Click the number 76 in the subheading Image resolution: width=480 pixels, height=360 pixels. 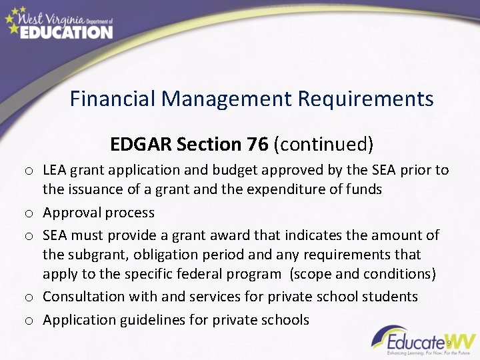tap(257, 144)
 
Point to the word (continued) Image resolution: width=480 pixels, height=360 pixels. tap(323, 144)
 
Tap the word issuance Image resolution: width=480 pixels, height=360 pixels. tap(95, 189)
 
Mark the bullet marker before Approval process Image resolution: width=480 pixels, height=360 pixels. tap(31, 213)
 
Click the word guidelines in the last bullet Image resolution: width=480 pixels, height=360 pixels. tap(155, 319)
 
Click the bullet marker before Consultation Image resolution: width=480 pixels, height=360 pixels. tap(31, 297)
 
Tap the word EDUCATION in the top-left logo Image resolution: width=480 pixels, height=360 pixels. tap(66, 31)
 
